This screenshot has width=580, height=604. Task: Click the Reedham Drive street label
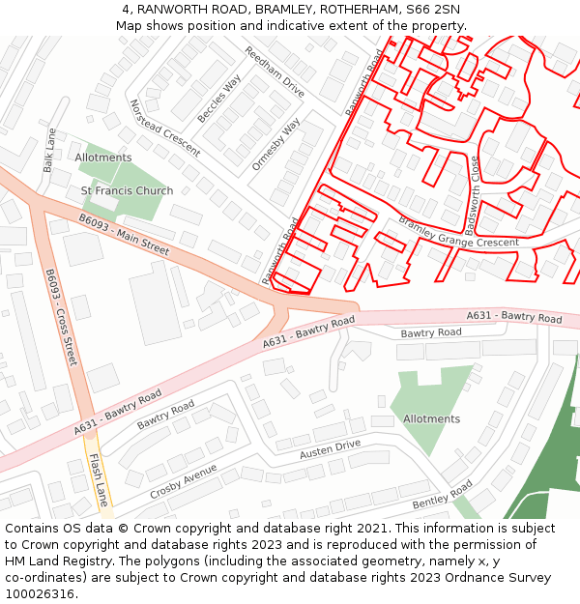point(274,72)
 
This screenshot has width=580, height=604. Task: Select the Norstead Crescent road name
point(164,128)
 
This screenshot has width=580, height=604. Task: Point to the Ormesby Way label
point(275,146)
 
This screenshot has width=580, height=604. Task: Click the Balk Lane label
point(48,151)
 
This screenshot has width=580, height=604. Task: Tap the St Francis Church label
point(127,191)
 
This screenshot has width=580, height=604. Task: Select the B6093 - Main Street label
point(124,236)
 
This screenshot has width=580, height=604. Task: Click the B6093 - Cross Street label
point(60,317)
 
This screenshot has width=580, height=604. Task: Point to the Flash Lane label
point(98,480)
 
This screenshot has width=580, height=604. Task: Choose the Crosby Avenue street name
point(184,481)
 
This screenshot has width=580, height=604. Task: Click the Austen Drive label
point(330,448)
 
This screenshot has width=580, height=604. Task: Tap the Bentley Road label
point(442,495)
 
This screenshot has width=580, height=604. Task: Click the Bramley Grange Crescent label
point(458,233)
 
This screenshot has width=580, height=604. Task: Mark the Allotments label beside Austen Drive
point(431,419)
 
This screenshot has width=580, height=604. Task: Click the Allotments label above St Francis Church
point(103,158)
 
